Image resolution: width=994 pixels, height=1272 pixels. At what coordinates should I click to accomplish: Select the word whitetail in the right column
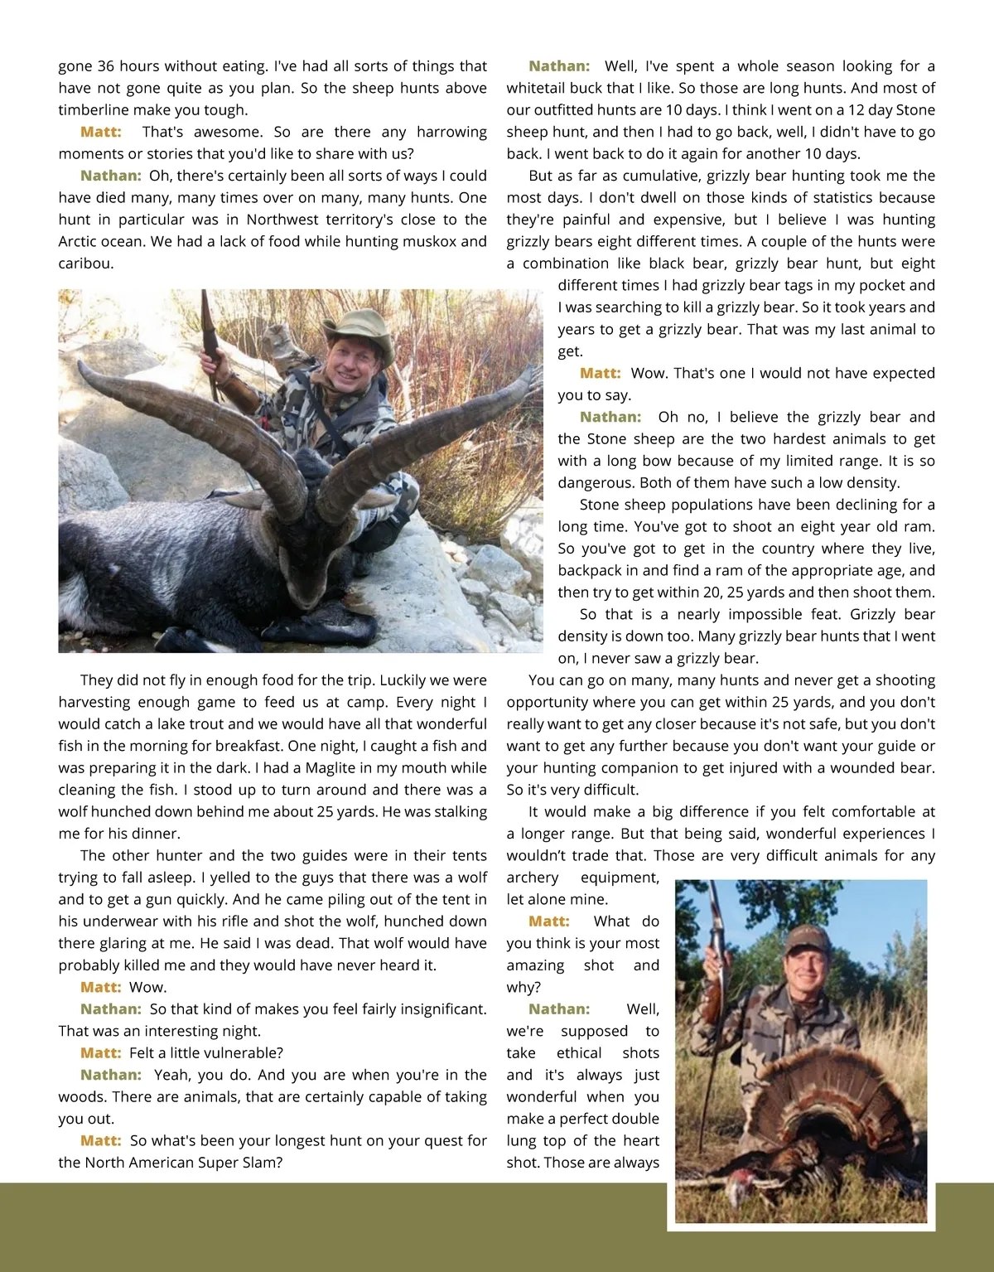click(x=538, y=88)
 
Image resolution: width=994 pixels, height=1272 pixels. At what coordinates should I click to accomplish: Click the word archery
click(x=533, y=878)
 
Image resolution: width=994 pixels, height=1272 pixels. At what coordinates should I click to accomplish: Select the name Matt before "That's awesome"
click(x=101, y=132)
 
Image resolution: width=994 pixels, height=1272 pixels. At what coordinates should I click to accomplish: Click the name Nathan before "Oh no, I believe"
click(x=610, y=417)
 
